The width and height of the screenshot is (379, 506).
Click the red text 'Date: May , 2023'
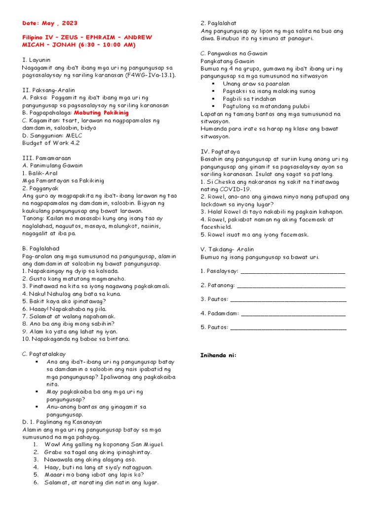(x=50, y=23)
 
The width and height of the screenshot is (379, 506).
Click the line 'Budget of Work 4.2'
(x=51, y=143)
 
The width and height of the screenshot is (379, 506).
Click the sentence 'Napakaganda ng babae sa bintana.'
(x=76, y=339)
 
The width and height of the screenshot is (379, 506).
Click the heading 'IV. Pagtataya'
(x=220, y=152)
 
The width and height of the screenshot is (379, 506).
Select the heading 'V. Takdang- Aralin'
(x=227, y=250)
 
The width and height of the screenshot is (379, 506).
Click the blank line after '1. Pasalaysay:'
(x=293, y=272)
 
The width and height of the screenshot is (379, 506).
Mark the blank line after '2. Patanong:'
(x=291, y=286)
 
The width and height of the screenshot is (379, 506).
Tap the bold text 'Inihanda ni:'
(x=218, y=355)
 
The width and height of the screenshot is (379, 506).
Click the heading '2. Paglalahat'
(x=218, y=23)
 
